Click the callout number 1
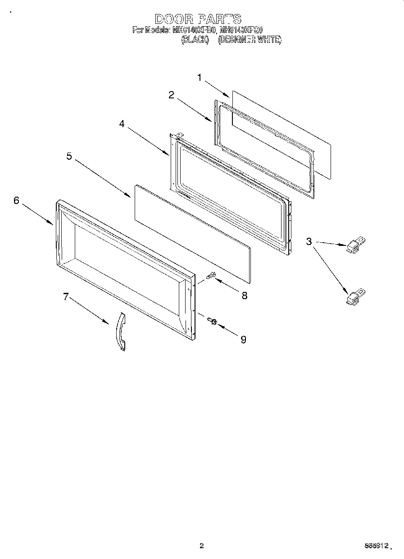(200, 78)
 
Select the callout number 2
(171, 95)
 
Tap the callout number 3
(309, 241)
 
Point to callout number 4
(122, 124)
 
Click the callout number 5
(69, 156)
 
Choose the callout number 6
(17, 200)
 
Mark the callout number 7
(66, 296)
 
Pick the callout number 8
(245, 296)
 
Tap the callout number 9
(243, 340)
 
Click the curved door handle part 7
(120, 331)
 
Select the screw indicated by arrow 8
(211, 275)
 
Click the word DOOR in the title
(174, 19)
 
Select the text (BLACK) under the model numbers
(195, 40)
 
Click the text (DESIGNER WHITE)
(250, 40)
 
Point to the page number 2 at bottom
(202, 546)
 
